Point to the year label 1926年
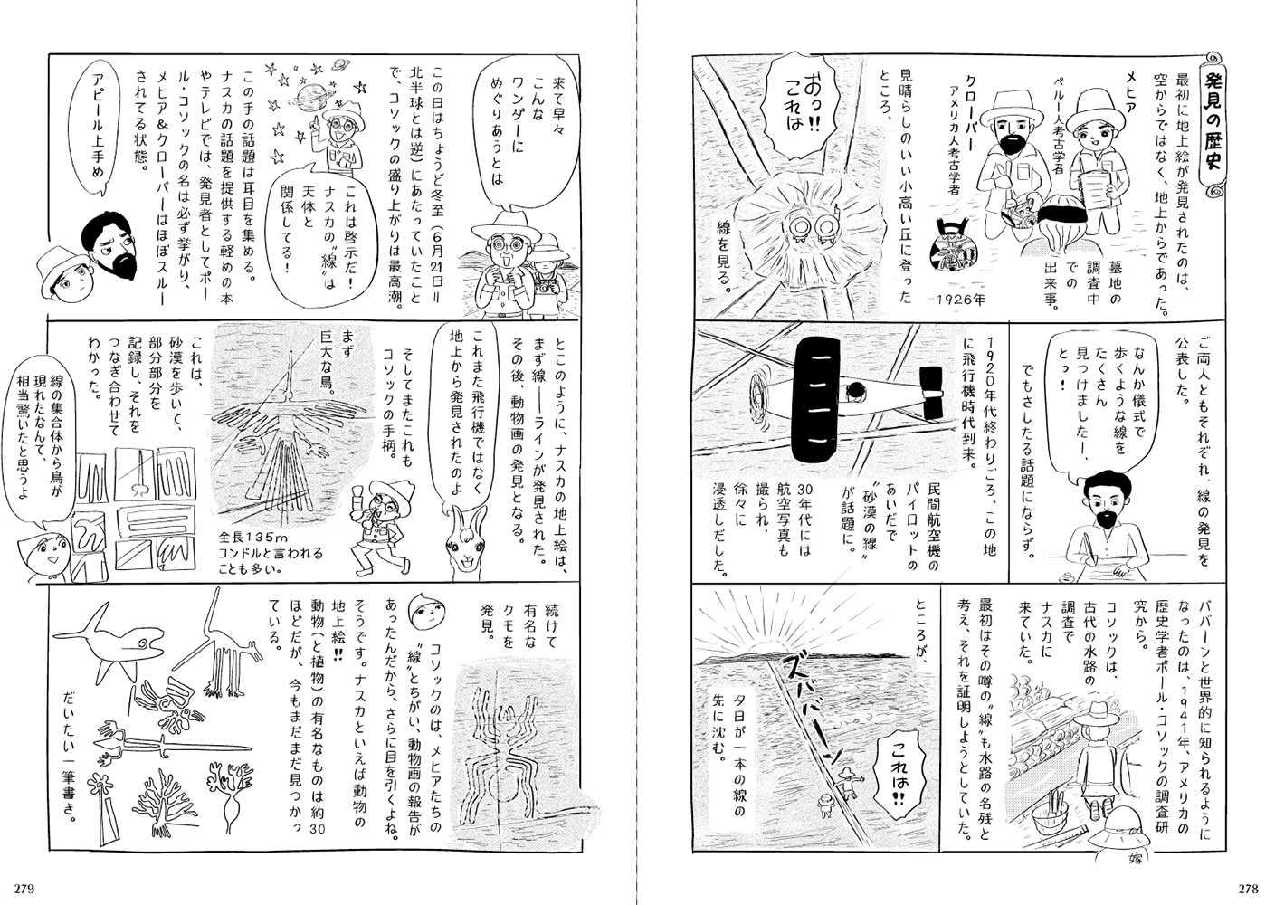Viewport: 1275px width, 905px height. (960, 300)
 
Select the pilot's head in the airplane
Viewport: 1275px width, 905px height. (854, 390)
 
